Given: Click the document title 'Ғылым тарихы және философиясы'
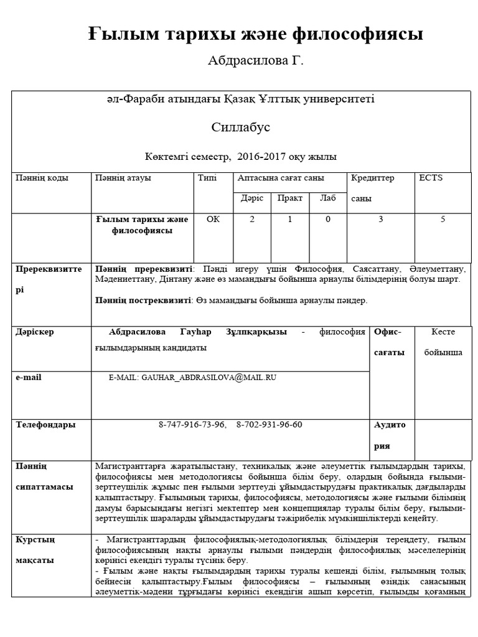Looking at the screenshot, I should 255,34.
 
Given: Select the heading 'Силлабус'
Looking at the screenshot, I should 240,127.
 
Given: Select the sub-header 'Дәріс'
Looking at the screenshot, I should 252,198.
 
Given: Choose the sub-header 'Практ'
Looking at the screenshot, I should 290,198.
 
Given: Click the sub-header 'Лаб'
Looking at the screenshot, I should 327,198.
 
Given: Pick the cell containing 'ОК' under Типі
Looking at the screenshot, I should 213,219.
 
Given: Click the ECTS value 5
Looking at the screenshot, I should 443,219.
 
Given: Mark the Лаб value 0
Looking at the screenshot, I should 327,219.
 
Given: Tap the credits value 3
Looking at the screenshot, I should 380,219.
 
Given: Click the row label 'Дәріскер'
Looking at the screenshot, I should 35,332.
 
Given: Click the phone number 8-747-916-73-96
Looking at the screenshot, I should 192,424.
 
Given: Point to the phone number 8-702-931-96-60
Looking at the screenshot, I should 269,424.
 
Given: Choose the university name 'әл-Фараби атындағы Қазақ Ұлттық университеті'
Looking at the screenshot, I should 240,99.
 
